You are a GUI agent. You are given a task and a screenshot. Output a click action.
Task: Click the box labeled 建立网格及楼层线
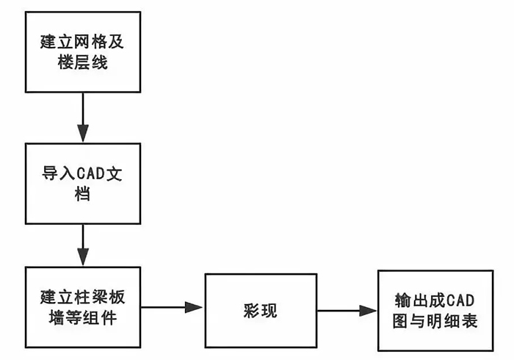click(83, 51)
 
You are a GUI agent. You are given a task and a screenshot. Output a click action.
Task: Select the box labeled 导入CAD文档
click(83, 184)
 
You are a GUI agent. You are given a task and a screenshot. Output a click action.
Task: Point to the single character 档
click(83, 196)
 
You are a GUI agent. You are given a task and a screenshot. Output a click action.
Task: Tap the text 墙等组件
click(83, 320)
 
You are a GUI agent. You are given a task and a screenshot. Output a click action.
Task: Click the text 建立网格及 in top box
click(83, 41)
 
